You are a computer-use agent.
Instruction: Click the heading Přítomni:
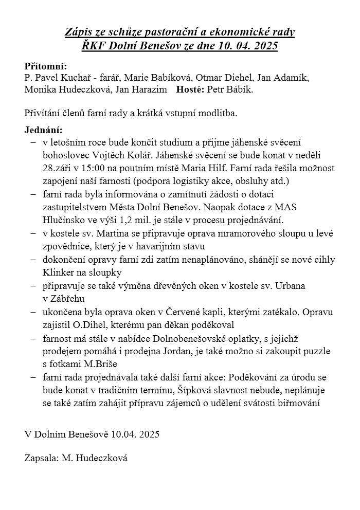click(46, 66)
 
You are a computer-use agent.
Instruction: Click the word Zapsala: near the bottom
click(41, 458)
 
